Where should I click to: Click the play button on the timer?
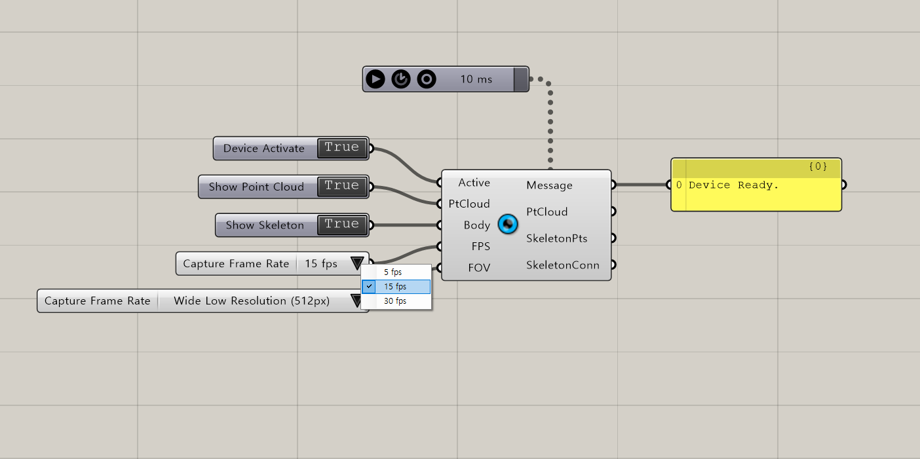[x=375, y=79]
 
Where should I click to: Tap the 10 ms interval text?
[x=476, y=79]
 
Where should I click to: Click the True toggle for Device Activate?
[x=341, y=147]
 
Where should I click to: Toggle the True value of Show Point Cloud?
[x=341, y=186]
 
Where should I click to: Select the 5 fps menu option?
[x=393, y=272]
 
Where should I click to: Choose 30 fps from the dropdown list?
[x=395, y=301]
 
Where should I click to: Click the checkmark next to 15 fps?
[x=369, y=286]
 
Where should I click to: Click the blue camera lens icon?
[x=508, y=224]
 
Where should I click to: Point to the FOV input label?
[x=479, y=268]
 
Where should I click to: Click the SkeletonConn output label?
[x=563, y=265]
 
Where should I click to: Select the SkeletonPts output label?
[x=557, y=238]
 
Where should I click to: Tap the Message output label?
[x=549, y=185]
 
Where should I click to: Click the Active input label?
[x=474, y=183]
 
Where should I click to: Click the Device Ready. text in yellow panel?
[x=733, y=185]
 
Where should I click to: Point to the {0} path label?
[x=818, y=166]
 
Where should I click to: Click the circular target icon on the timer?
[x=427, y=79]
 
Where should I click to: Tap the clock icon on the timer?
[x=401, y=79]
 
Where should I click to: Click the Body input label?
[x=477, y=225]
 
